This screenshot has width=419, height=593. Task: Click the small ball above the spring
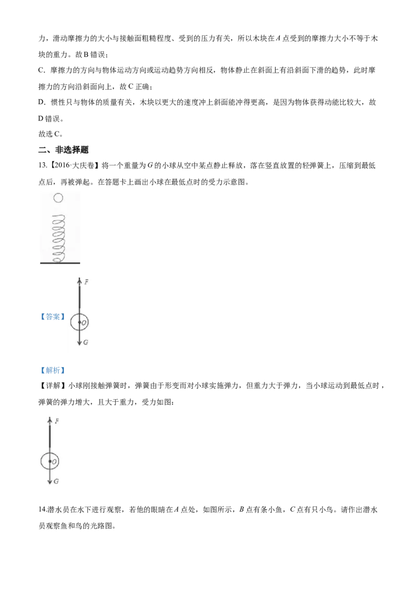click(x=58, y=198)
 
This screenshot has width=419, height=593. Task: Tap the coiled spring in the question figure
click(x=59, y=239)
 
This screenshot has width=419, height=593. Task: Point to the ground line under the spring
click(x=60, y=263)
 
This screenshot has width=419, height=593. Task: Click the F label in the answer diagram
click(x=86, y=282)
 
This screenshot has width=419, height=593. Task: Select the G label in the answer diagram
click(x=86, y=342)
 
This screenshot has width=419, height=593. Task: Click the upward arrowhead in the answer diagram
click(x=80, y=281)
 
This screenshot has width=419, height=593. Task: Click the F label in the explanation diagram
click(x=57, y=421)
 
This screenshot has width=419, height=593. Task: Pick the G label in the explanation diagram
click(x=57, y=481)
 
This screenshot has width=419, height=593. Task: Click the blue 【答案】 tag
click(x=52, y=316)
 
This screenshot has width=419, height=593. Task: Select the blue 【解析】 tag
click(x=52, y=370)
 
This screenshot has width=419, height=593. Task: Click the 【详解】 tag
click(x=52, y=386)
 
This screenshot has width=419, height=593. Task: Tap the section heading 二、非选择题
click(x=63, y=150)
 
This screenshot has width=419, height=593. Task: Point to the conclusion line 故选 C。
click(x=51, y=134)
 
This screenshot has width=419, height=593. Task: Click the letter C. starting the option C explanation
click(x=42, y=70)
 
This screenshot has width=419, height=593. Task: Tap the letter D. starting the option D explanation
click(x=42, y=102)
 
